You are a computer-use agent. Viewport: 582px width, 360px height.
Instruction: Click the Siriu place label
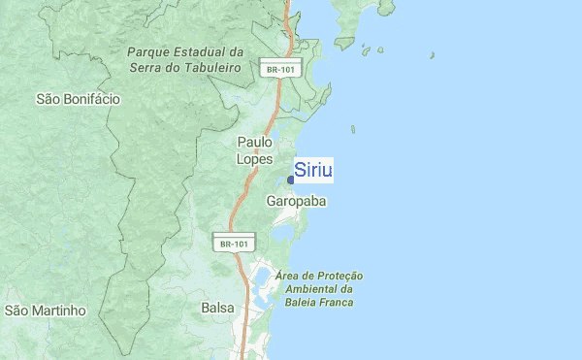(x=313, y=170)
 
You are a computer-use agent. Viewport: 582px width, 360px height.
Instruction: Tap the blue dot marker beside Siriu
(x=291, y=180)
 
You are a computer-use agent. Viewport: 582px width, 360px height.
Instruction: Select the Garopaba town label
(x=296, y=201)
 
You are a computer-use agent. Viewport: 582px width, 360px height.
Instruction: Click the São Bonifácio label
(x=78, y=98)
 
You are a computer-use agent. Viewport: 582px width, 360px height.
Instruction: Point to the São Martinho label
(x=46, y=311)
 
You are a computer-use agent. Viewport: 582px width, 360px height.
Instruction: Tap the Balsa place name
(x=217, y=308)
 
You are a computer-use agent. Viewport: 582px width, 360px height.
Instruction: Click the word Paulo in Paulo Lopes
(x=255, y=142)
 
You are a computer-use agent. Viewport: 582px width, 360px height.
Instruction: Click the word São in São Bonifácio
(x=48, y=98)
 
